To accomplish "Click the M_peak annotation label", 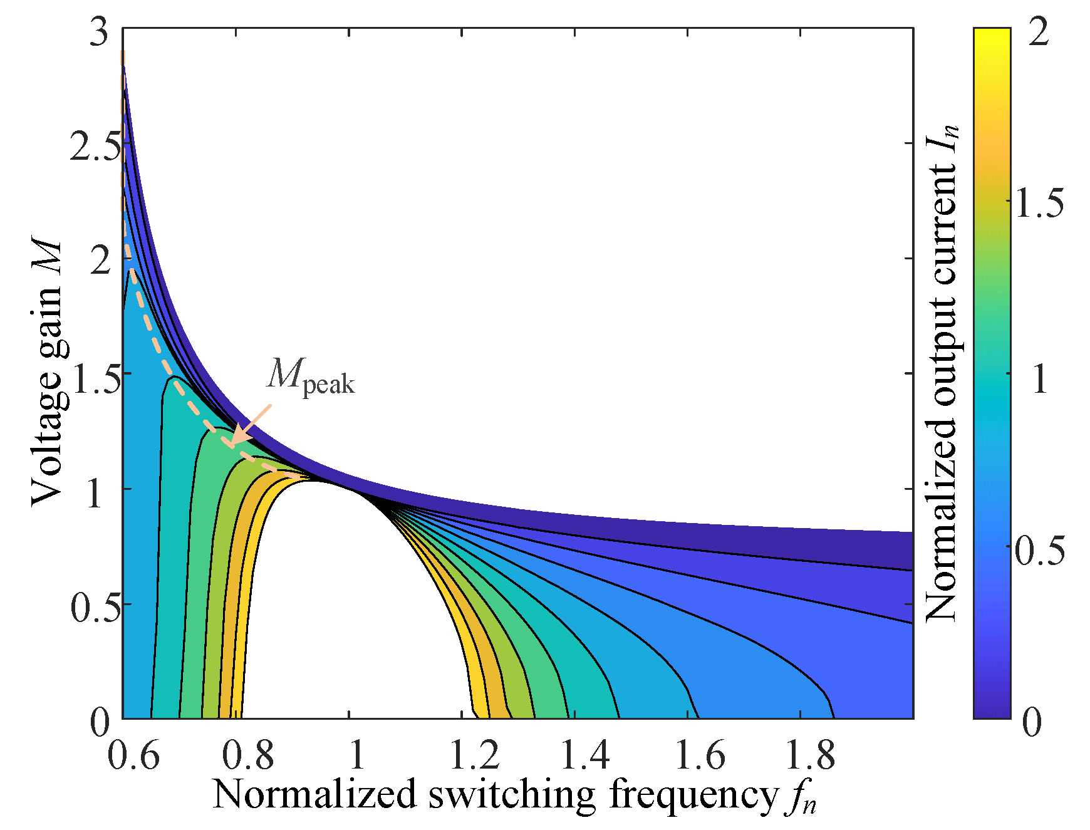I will click(x=311, y=376).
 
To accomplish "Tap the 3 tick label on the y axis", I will click(x=100, y=31).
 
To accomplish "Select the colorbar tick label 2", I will click(x=1039, y=31).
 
